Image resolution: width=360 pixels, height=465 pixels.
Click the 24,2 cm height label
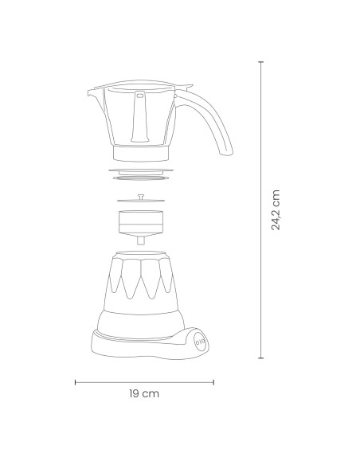click(x=276, y=210)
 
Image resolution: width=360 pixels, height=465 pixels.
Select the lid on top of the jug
click(x=141, y=83)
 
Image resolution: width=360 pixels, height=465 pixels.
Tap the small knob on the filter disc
click(x=141, y=195)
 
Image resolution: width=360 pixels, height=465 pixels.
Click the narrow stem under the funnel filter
click(x=141, y=240)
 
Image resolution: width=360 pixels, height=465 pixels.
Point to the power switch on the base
click(x=198, y=341)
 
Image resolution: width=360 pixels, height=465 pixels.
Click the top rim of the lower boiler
click(x=141, y=254)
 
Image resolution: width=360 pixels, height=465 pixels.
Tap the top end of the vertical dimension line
click(x=262, y=61)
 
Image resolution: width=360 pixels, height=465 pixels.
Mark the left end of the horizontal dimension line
click(x=75, y=382)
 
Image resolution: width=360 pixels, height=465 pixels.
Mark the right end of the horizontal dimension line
click(x=213, y=382)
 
